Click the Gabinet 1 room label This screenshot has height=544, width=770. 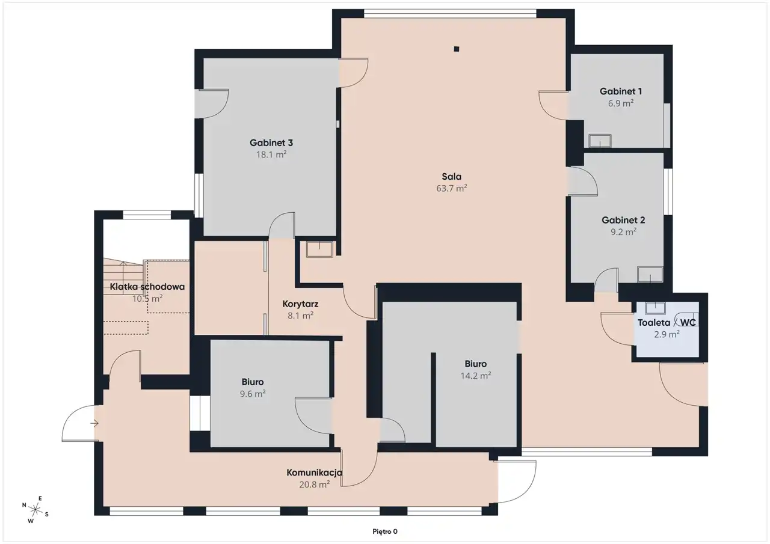620,91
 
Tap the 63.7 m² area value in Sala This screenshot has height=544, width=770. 451,188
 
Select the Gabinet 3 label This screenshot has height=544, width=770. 271,142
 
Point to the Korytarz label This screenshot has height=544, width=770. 300,304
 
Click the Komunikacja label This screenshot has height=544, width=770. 315,472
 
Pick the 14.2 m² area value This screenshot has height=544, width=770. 476,376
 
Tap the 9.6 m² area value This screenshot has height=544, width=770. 253,394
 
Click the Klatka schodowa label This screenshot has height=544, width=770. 147,287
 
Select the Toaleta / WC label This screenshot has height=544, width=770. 667,322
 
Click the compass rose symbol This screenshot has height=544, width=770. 35,510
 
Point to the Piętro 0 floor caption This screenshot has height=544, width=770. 385,531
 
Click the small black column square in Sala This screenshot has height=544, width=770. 456,49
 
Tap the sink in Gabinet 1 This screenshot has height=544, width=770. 600,141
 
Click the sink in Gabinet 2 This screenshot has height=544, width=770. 650,274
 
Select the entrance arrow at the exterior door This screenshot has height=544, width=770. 94,423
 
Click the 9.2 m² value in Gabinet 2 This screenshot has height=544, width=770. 623,232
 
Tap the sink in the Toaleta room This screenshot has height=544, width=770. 655,308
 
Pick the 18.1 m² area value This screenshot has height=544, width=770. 271,154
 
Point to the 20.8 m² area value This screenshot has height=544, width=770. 315,484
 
